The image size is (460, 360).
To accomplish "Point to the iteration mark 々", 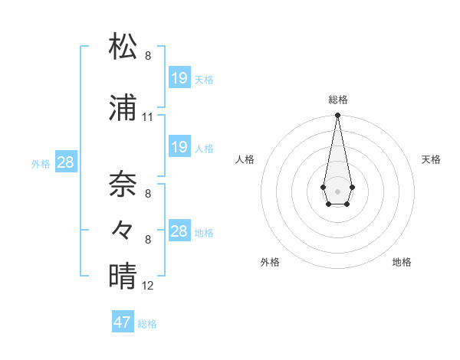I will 123,229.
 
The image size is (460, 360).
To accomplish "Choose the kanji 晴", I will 123,275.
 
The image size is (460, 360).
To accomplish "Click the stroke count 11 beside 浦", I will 148,117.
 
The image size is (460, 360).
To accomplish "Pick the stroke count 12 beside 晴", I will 148,286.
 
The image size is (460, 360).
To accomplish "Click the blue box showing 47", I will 123,322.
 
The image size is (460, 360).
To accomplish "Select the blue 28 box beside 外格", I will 64,162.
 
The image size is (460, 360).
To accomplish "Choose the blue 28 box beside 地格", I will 179,231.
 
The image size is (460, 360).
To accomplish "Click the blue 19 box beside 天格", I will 179,78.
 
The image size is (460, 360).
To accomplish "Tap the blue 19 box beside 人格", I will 179,147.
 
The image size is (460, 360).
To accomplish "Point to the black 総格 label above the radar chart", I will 337,100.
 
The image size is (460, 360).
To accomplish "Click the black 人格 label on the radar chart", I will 245,159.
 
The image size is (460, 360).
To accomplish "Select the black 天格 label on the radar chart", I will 431,159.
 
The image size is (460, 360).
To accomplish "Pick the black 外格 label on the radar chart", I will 270,262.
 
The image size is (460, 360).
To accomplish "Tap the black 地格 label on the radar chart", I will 402,262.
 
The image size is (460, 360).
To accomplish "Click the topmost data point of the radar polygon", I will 337,116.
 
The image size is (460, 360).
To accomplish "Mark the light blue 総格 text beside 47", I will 147,324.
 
